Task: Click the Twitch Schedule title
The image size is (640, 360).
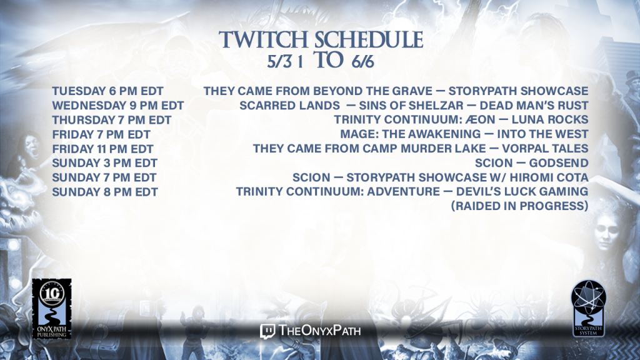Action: click(321, 39)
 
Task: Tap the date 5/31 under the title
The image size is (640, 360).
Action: click(285, 62)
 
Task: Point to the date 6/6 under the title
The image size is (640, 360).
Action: click(363, 62)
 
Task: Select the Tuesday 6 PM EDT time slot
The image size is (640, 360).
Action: click(107, 91)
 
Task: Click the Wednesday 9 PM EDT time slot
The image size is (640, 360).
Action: click(118, 105)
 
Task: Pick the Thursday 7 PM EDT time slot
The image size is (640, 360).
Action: click(112, 120)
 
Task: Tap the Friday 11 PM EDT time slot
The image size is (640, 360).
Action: click(103, 149)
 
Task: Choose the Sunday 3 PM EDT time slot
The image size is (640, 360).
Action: click(105, 163)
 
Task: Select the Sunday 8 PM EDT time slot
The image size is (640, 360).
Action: click(105, 192)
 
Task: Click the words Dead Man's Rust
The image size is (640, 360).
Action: click(534, 105)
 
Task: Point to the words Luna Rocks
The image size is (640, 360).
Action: click(550, 119)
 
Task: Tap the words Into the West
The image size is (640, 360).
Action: click(542, 134)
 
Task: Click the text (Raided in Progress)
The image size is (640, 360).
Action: click(519, 206)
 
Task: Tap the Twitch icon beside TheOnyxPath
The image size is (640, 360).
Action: click(267, 331)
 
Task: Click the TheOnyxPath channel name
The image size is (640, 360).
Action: click(319, 331)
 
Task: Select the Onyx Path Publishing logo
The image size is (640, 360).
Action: click(52, 309)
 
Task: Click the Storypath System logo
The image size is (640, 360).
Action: click(588, 308)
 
